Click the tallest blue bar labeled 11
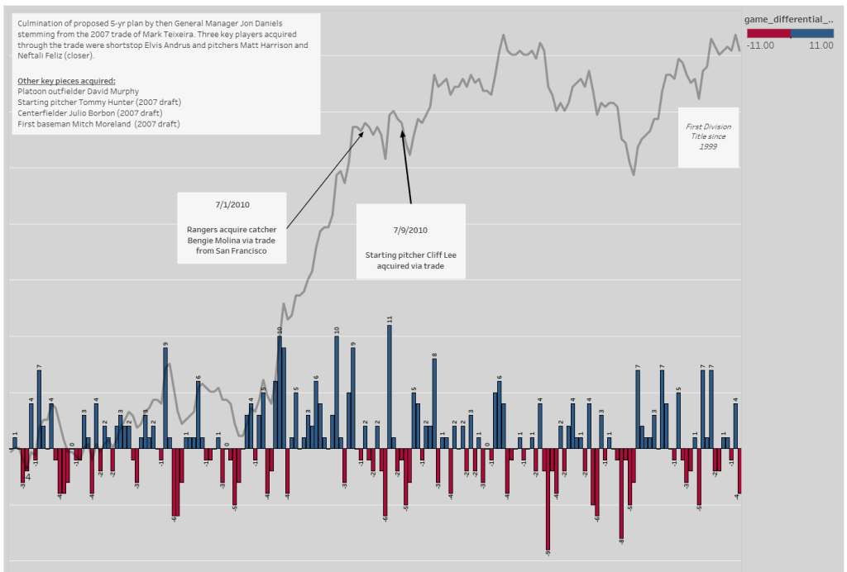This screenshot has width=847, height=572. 390,387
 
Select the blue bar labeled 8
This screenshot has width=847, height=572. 434,403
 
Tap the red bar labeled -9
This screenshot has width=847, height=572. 547,499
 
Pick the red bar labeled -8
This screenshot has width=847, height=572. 621,493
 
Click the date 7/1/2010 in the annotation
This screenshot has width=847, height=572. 231,204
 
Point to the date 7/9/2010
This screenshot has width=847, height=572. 410,229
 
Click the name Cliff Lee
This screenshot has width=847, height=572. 439,255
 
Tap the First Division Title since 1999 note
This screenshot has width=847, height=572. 708,136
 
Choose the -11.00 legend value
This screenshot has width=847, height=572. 760,45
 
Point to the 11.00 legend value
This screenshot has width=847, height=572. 821,45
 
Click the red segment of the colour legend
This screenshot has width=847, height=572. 768,33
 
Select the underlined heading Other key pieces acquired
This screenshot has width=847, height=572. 66,80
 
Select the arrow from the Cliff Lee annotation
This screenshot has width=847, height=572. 407,165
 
